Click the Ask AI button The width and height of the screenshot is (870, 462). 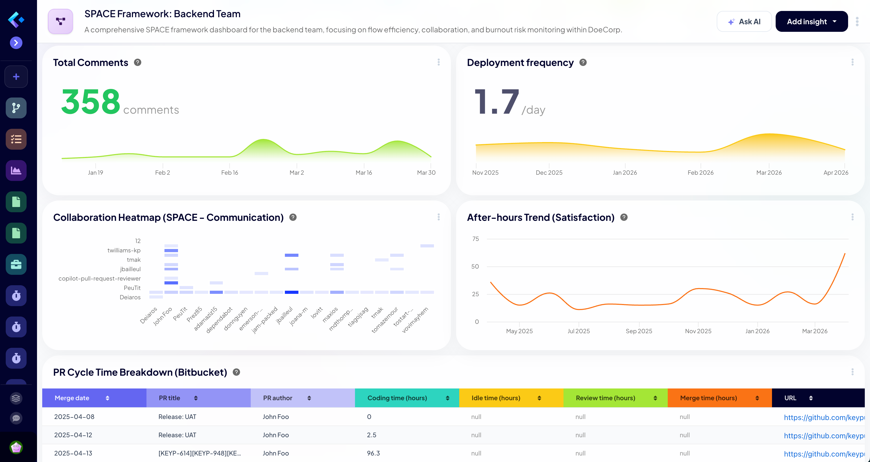coord(744,22)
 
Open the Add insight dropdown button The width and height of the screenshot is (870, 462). coord(811,22)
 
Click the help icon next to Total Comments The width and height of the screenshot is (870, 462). coord(137,63)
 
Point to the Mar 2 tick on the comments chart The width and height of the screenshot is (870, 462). coord(297,172)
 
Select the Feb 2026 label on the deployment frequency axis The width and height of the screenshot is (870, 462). coord(701,172)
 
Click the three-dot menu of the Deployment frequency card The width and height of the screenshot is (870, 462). coord(853,62)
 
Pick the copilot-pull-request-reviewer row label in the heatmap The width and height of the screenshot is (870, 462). coord(100,278)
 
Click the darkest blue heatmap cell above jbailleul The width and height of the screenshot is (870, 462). coord(291,292)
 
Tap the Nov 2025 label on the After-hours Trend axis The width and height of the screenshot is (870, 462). coord(698,331)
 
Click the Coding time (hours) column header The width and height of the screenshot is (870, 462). coord(397,398)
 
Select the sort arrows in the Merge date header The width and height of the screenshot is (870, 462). coord(107,398)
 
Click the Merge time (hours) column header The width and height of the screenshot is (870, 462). coord(708,398)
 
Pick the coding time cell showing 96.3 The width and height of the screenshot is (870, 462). coord(373,453)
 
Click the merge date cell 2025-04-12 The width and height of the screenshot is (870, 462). coord(73,435)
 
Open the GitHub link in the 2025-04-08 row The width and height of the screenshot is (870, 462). coord(823,417)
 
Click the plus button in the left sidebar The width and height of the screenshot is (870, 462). coord(16,77)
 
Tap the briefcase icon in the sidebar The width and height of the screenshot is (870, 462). coord(16,264)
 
